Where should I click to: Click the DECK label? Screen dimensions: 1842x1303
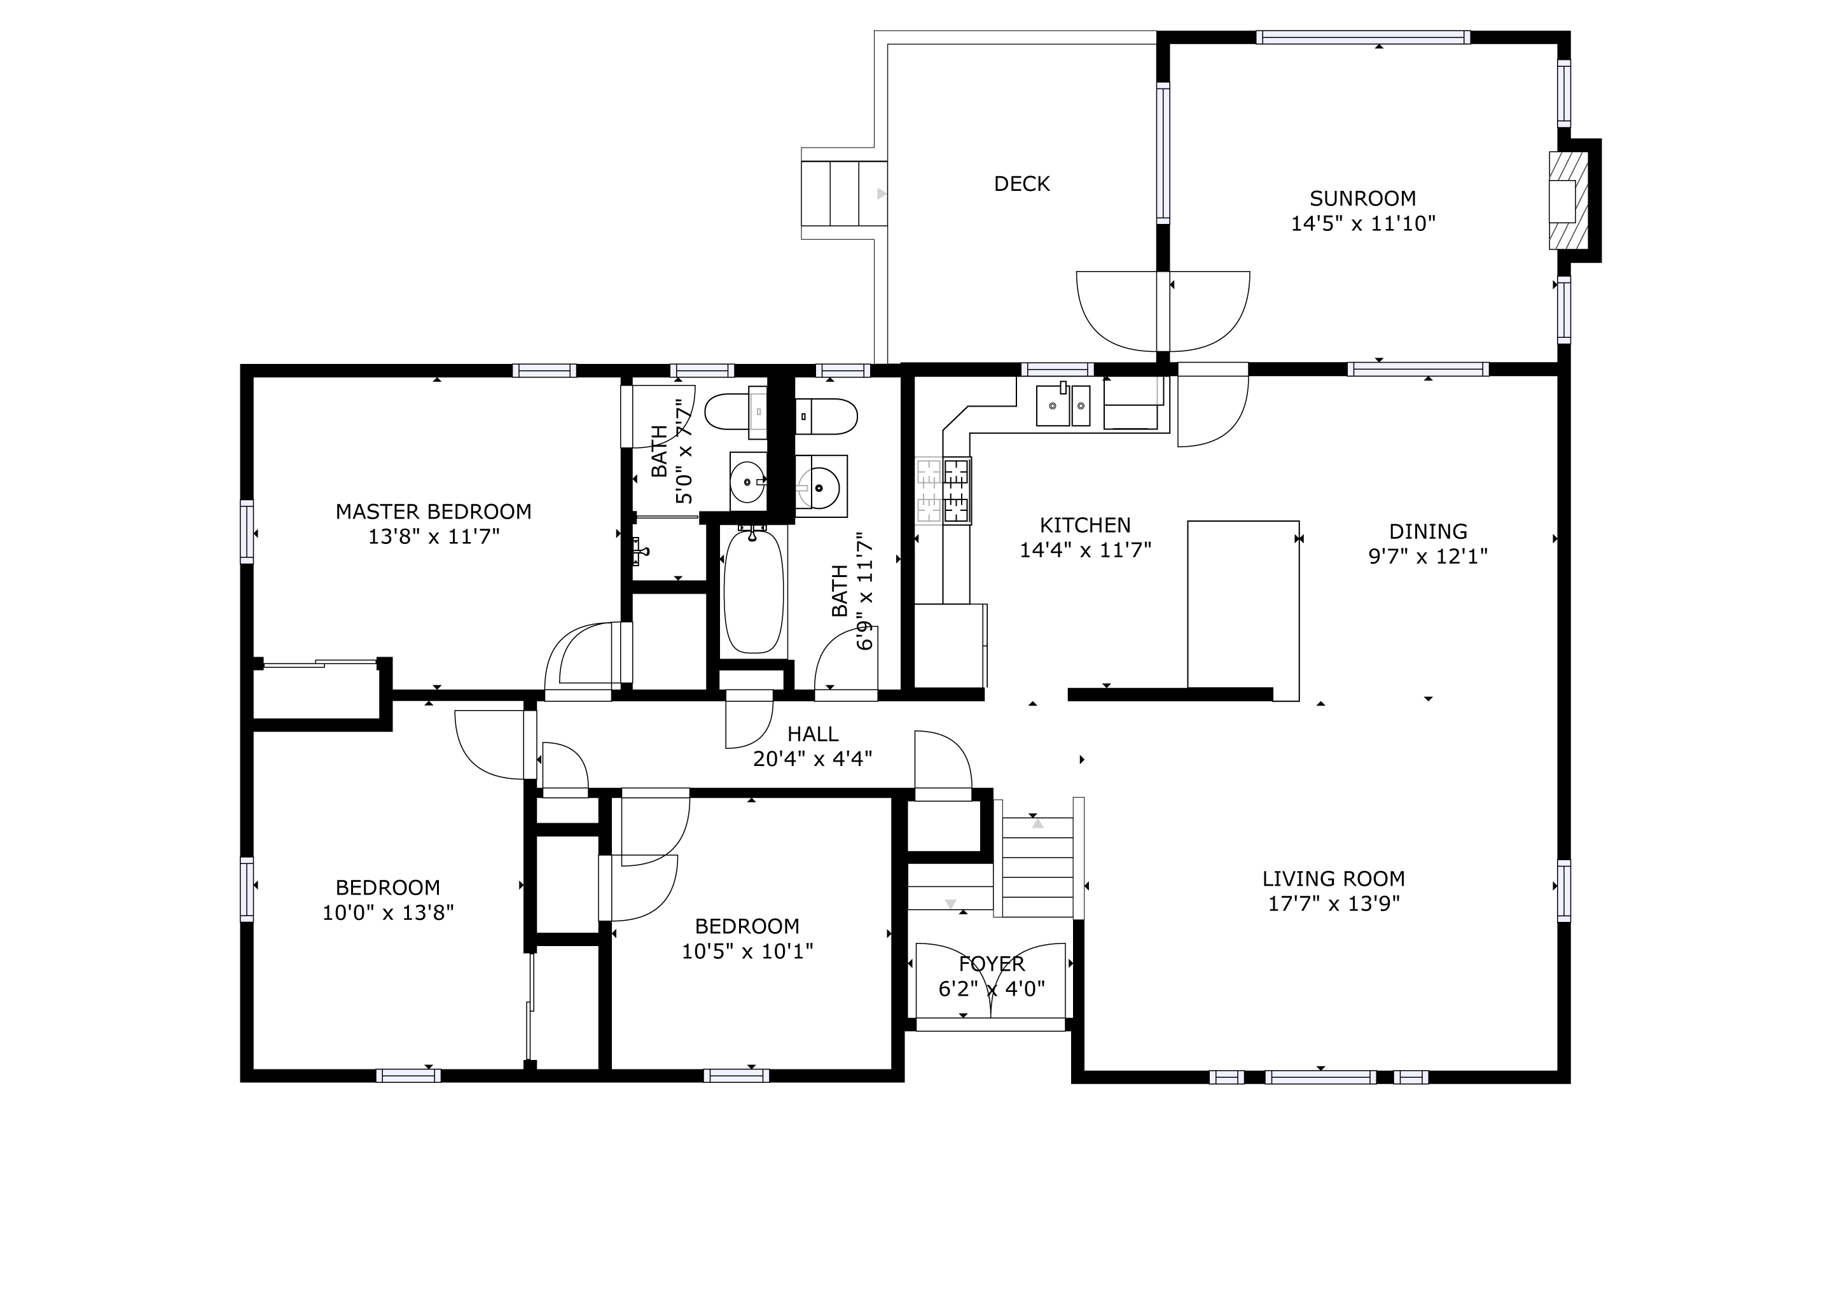1021,184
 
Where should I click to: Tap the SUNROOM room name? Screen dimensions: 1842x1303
1362,198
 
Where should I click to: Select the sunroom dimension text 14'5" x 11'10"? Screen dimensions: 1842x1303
1362,224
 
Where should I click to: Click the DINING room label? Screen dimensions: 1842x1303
1428,531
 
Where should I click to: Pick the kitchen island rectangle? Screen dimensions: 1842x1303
1243,604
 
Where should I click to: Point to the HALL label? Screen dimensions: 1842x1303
813,734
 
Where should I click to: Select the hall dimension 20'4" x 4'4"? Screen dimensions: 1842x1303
813,759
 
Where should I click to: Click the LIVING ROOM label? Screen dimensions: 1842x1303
1333,879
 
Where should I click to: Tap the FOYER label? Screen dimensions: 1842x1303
992,965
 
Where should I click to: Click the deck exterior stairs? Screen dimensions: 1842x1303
844,193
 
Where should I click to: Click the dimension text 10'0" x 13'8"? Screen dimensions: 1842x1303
387,913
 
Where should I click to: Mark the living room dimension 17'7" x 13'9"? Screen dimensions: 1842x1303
1333,904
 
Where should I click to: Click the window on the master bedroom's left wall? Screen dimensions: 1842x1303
247,531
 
